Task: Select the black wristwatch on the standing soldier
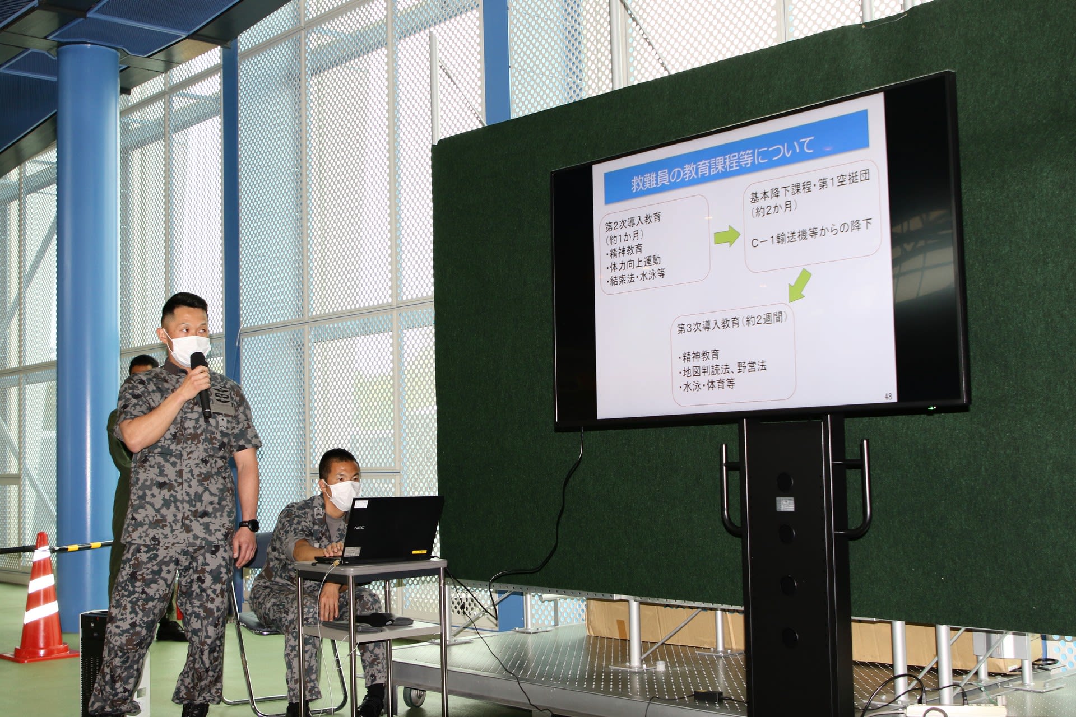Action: coord(249,525)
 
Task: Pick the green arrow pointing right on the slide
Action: coord(727,236)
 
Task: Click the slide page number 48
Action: coord(888,397)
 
